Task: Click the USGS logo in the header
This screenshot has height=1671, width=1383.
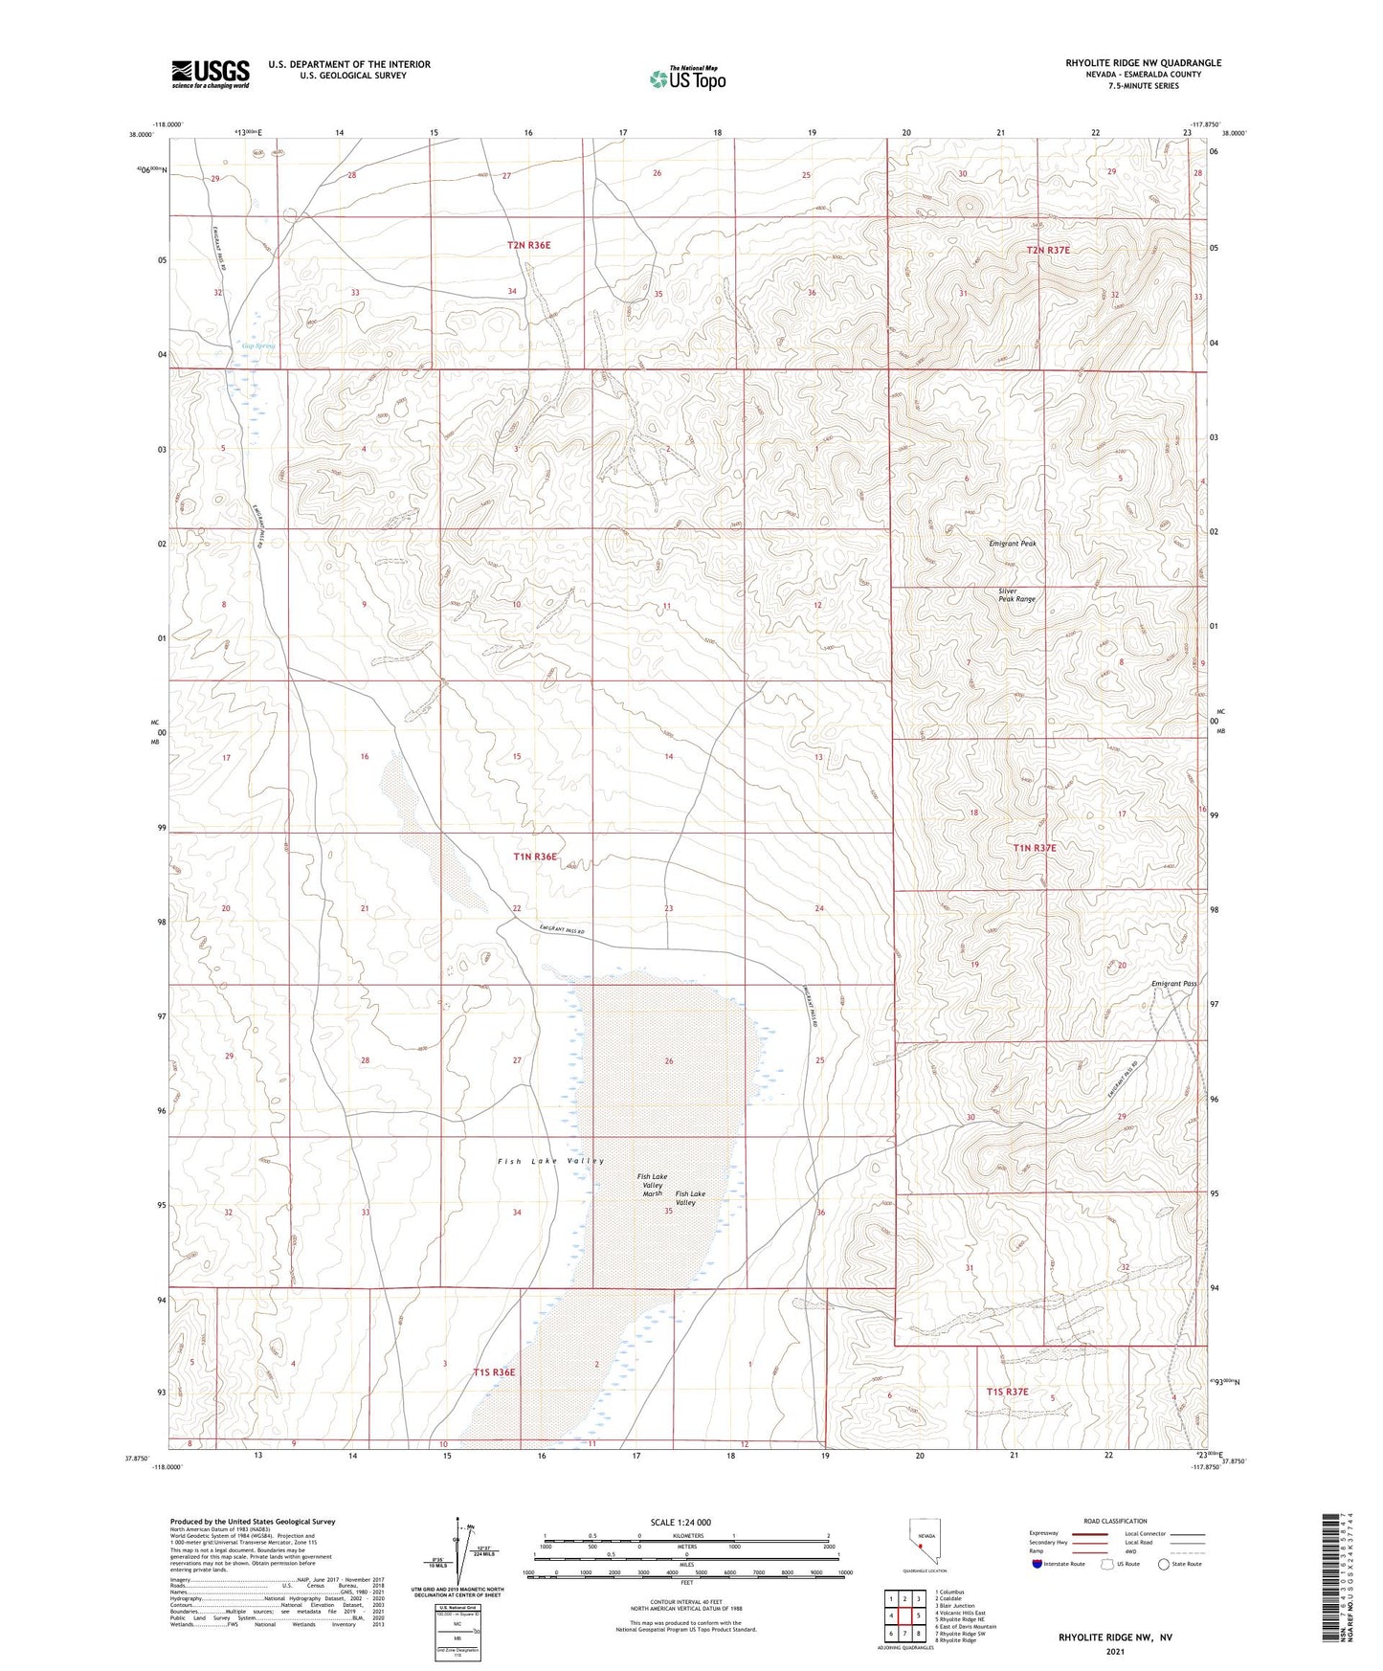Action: point(211,74)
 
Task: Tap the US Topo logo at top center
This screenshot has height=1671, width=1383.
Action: point(687,78)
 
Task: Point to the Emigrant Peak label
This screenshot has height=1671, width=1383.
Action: point(1013,544)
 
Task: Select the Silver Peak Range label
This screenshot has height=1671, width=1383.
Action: point(1016,595)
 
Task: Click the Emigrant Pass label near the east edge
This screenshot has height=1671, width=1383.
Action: point(1173,984)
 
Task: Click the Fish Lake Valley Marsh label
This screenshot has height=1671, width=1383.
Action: point(653,1185)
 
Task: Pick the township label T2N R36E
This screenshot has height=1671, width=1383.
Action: point(528,245)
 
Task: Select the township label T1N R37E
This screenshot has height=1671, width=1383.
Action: point(1035,848)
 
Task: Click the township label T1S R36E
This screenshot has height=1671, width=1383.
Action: point(494,1372)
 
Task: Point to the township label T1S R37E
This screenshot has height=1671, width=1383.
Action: point(1008,1392)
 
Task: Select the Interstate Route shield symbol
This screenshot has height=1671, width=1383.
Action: point(1037,1564)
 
